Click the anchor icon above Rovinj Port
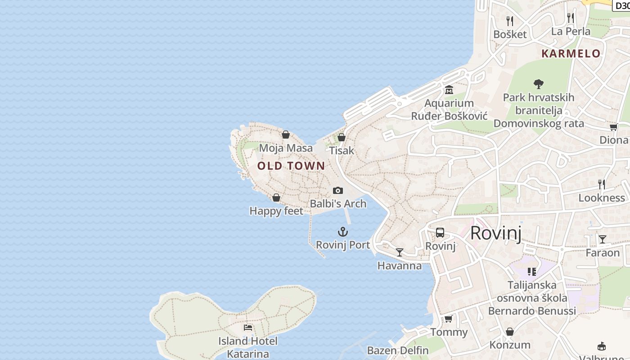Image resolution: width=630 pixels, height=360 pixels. pos(343,232)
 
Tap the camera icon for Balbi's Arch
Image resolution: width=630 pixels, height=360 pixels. pos(338,190)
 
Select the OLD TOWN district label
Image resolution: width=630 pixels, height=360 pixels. pos(291,166)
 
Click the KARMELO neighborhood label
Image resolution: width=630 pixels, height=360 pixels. pos(571,54)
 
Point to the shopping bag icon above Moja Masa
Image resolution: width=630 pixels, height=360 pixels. pos(286,135)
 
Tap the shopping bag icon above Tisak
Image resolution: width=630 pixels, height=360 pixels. pos(342,137)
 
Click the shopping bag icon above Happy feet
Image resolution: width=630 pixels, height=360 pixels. pos(276,198)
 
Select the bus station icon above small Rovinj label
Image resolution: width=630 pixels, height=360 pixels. pos(440,233)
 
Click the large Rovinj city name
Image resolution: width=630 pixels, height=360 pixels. pos(495,233)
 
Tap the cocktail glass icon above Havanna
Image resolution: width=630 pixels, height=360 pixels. pos(400,252)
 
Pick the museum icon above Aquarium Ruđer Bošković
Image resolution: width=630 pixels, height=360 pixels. pos(449,90)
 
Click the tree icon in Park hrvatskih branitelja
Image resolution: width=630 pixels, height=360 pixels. pos(538,84)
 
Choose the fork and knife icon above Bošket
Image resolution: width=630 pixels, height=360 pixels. pos(510,21)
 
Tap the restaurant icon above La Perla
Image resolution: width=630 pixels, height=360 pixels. pos(571,18)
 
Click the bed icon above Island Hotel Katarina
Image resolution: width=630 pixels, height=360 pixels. pos(248,327)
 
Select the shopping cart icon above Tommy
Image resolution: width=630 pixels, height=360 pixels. pos(448,319)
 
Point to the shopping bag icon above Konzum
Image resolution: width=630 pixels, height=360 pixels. pos(510,332)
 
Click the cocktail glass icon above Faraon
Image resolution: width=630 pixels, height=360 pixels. pos(602,239)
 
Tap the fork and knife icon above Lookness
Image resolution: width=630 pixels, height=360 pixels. pos(602,184)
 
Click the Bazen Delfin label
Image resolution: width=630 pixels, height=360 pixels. pos(398,350)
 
